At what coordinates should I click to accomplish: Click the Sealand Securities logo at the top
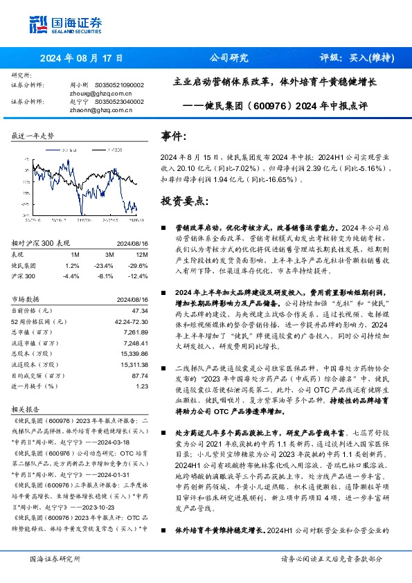pyautogui.click(x=56, y=25)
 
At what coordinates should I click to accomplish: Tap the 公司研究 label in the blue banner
pyautogui.click(x=229, y=58)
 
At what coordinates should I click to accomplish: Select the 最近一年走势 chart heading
pyautogui.click(x=33, y=136)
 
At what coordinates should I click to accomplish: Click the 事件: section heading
pyautogui.click(x=174, y=136)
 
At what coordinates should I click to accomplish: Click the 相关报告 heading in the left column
pyautogui.click(x=27, y=409)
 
